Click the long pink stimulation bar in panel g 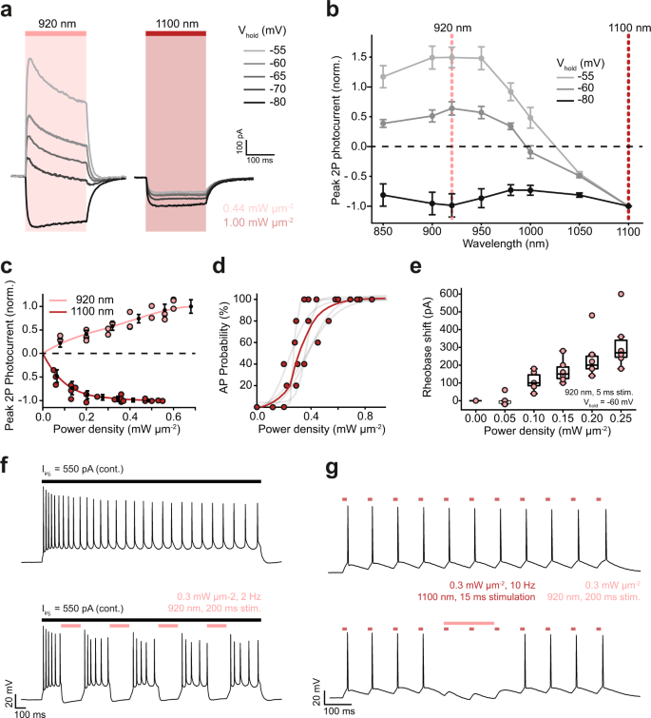469,624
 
